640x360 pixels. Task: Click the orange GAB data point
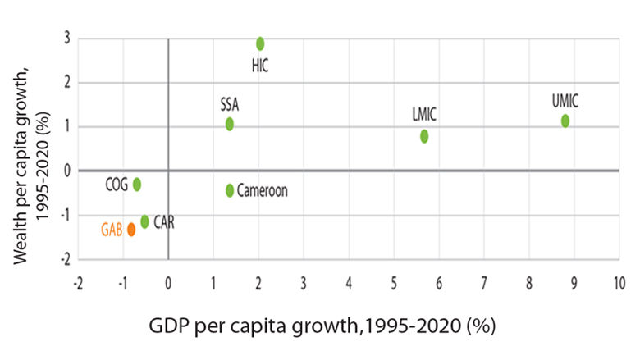tap(131, 230)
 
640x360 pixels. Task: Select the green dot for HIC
tap(260, 43)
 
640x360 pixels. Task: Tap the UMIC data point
tap(565, 121)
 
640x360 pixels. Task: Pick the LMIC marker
tap(424, 136)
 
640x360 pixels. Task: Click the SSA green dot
tap(230, 124)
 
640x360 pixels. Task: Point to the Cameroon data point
tap(230, 190)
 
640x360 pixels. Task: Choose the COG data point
tap(137, 185)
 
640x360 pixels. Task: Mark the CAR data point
tap(145, 221)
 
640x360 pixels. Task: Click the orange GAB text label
tap(112, 230)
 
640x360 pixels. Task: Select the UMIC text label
tap(565, 103)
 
